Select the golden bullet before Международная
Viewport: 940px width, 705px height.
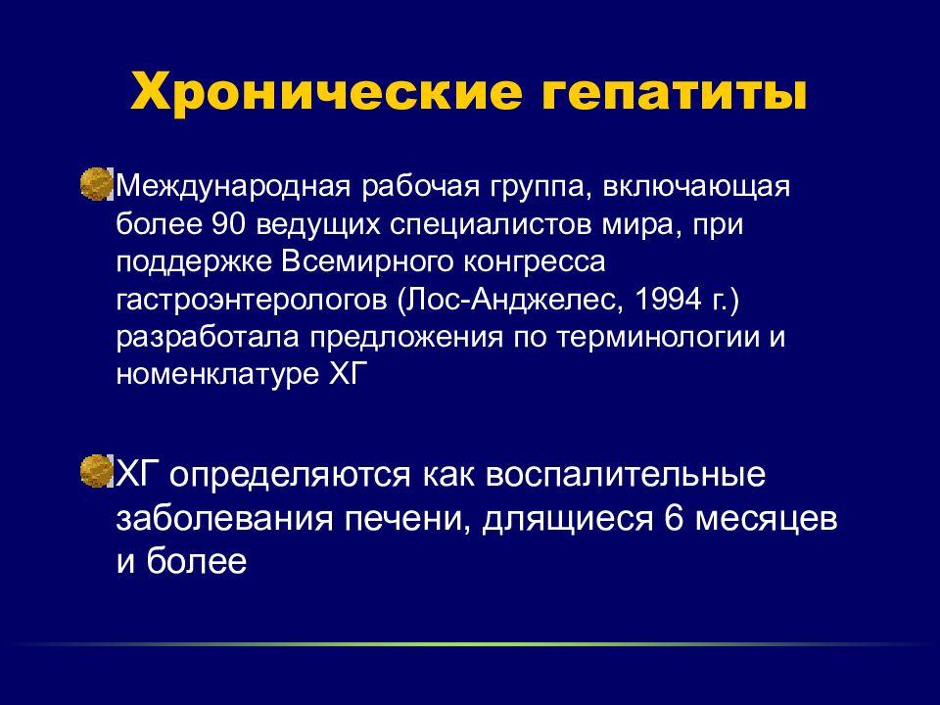[97, 183]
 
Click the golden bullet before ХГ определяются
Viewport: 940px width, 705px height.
[97, 472]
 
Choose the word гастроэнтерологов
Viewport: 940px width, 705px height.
[253, 300]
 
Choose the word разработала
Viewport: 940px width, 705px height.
[209, 337]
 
